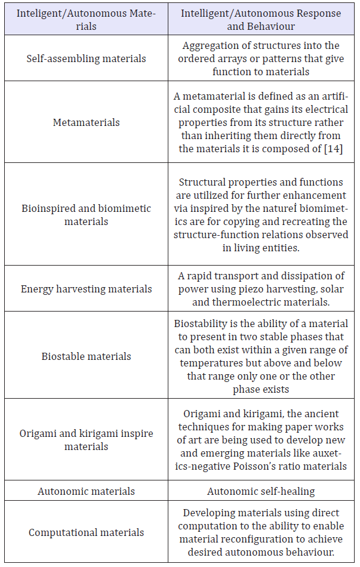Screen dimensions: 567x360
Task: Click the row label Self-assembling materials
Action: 86,58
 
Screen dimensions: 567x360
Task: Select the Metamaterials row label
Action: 86,122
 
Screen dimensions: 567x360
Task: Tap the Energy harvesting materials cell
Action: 86,289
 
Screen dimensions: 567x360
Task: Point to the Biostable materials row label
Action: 86,356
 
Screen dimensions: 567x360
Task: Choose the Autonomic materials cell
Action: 86,491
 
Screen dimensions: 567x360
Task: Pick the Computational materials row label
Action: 86,532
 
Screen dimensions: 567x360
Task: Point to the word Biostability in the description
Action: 204,323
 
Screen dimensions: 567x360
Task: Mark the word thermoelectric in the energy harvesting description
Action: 246,302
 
